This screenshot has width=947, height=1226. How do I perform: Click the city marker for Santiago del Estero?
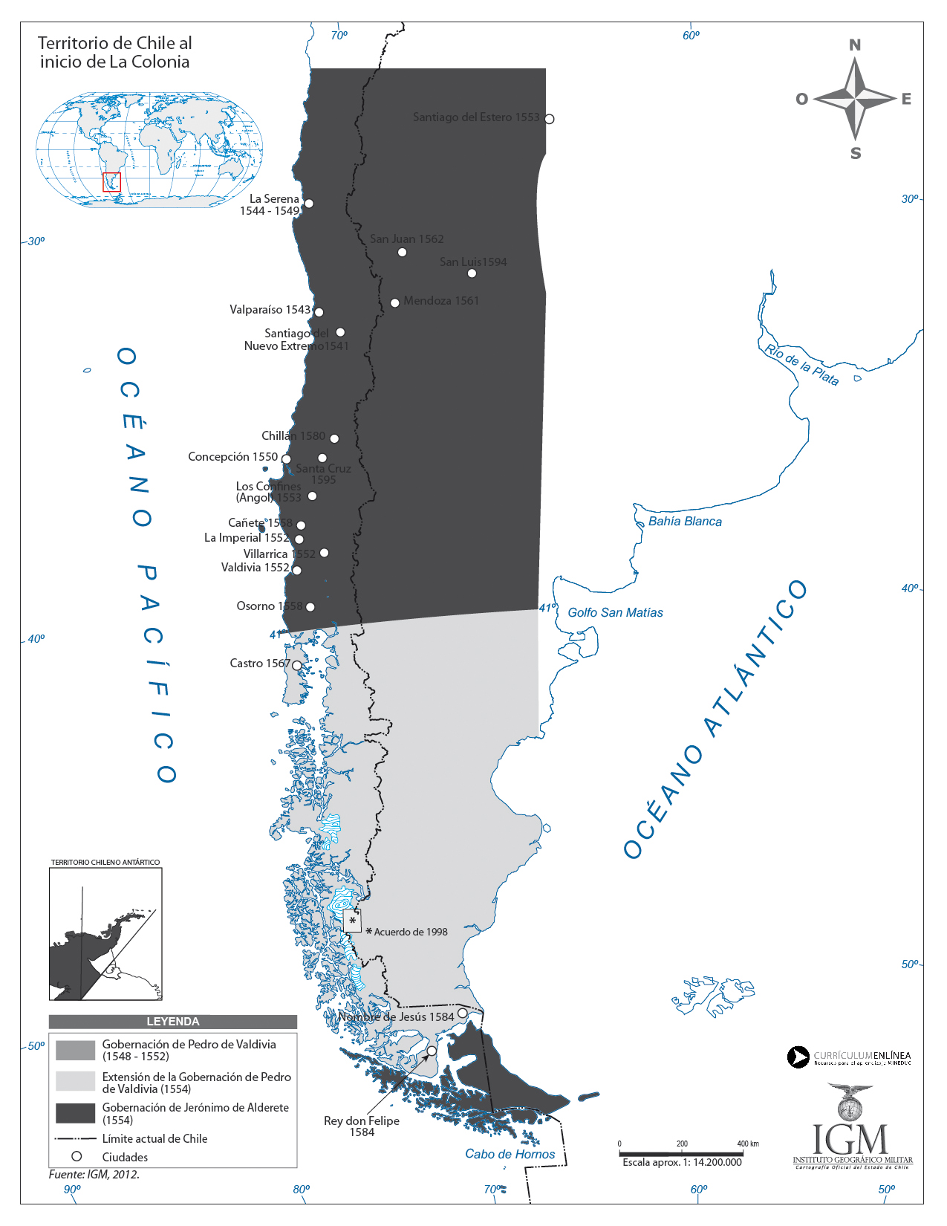pos(549,119)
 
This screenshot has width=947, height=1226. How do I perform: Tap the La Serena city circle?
pos(309,204)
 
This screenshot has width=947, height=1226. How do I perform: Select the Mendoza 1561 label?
pos(441,301)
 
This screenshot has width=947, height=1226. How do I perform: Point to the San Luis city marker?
pos(472,273)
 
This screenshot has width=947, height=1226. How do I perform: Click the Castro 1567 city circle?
pos(297,666)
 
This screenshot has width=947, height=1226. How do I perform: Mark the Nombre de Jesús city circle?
pos(462,1013)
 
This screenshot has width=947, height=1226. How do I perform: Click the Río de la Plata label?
pos(801,365)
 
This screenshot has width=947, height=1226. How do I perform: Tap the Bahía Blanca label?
pos(685,522)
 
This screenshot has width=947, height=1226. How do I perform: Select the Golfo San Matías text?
pos(615,613)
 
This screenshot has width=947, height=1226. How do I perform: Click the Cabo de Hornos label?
pos(510,1154)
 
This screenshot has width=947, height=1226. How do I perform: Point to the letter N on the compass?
pos(855,45)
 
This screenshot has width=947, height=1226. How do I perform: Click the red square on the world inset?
pos(111,182)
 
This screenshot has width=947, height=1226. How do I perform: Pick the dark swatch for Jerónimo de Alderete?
pos(76,1113)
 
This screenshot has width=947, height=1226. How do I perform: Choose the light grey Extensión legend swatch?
pos(76,1081)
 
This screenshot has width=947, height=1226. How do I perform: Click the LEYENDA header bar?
pos(172,1022)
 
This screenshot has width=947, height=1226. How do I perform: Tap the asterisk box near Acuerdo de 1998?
pos(352,921)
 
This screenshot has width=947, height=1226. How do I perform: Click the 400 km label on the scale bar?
pos(747,1144)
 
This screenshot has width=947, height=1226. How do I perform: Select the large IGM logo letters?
pos(850,1140)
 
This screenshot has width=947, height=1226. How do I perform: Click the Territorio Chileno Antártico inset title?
pos(105,863)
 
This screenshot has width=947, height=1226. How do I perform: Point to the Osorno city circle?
pos(310,607)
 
